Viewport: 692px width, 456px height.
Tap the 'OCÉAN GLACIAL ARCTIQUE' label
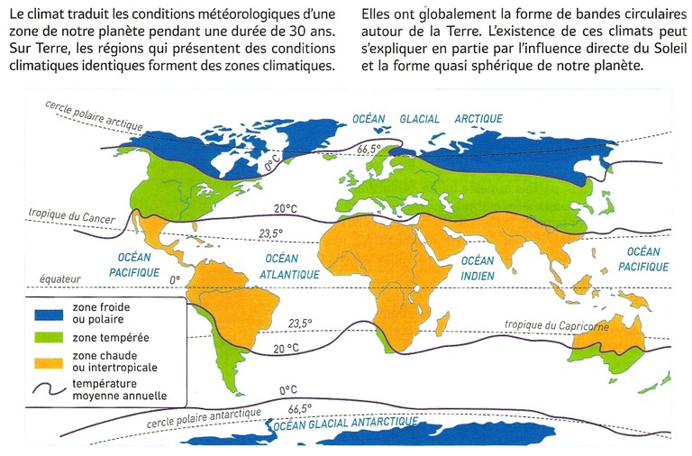click(414, 118)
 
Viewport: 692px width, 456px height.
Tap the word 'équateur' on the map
click(59, 279)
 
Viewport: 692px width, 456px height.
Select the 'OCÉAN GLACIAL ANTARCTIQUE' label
click(347, 422)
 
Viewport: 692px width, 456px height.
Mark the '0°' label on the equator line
click(176, 280)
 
